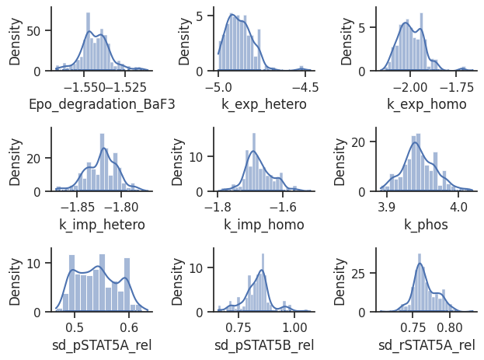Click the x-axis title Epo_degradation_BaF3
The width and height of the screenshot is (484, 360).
pos(101,105)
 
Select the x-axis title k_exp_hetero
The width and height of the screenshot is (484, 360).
pos(264,105)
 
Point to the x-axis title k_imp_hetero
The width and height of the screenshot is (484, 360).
pos(101,225)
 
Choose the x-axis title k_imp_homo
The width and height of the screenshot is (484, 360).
pos(264,225)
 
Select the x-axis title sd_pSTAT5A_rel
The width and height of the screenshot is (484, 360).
pos(101,345)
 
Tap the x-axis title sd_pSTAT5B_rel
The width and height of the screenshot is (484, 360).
pos(264,345)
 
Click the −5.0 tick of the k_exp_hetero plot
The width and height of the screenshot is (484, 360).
pos(218,86)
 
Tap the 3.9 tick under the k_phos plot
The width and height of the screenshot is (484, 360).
pos(387,207)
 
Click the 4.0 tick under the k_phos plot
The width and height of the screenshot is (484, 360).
pos(458,207)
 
